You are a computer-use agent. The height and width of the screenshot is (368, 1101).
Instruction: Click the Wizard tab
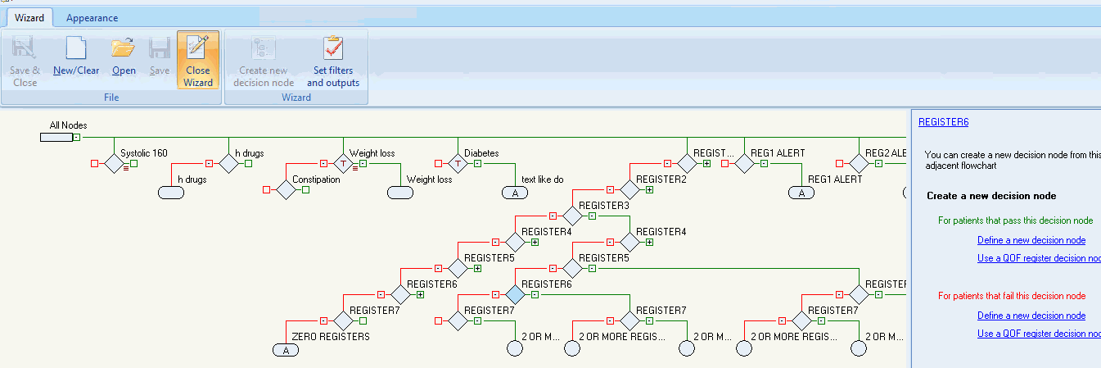click(29, 17)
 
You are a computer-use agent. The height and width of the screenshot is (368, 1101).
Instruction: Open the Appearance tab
click(92, 18)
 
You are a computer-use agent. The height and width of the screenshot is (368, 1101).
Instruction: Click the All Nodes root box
click(56, 137)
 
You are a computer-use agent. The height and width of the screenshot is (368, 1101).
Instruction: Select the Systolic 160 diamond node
click(114, 163)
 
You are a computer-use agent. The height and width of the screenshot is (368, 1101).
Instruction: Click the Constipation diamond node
click(286, 190)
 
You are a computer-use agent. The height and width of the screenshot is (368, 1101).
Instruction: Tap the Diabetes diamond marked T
click(458, 163)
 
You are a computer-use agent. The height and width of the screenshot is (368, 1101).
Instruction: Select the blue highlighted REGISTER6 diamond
click(515, 293)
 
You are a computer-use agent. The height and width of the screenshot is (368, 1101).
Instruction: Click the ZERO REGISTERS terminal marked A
click(286, 350)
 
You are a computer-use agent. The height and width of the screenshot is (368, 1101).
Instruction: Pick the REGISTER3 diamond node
click(572, 216)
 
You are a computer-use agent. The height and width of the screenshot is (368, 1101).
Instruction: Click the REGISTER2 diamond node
click(629, 189)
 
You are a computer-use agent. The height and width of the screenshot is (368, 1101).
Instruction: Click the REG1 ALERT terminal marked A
click(801, 193)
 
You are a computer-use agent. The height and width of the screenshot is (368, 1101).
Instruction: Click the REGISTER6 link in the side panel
click(943, 122)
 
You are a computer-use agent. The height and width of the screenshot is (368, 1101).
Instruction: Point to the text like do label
click(542, 179)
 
